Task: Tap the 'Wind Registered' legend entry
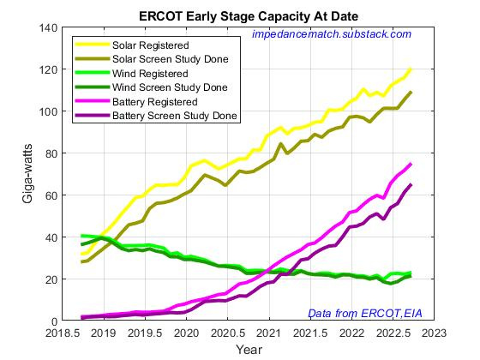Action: (x=160, y=73)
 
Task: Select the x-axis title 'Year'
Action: (x=249, y=350)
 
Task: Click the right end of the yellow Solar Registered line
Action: (x=411, y=69)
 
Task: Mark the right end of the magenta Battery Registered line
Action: (x=411, y=164)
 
